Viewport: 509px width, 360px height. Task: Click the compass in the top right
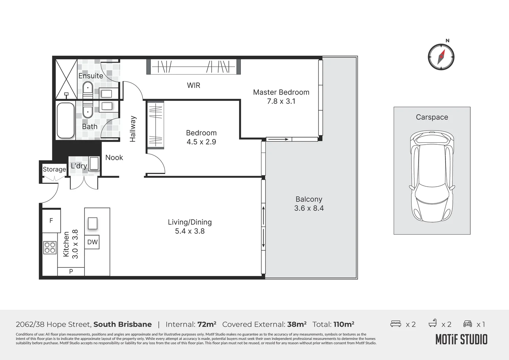pyautogui.click(x=441, y=57)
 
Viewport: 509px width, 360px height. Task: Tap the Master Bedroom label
pyautogui.click(x=281, y=92)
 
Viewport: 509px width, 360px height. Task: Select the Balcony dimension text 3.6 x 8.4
pyautogui.click(x=309, y=208)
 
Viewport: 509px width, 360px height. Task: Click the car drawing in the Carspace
pyautogui.click(x=432, y=177)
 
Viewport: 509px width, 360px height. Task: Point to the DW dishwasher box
pyautogui.click(x=92, y=242)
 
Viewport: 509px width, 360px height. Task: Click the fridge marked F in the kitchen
pyautogui.click(x=51, y=220)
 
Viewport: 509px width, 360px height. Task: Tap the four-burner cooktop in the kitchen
pyautogui.click(x=50, y=248)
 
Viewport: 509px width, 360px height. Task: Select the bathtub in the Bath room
pyautogui.click(x=65, y=120)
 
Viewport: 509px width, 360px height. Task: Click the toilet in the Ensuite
pyautogui.click(x=88, y=89)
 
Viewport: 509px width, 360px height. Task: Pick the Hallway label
pyautogui.click(x=133, y=129)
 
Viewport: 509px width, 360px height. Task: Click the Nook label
pyautogui.click(x=114, y=158)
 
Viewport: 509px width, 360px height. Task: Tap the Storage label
pyautogui.click(x=54, y=169)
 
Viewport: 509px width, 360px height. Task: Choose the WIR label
pyautogui.click(x=194, y=85)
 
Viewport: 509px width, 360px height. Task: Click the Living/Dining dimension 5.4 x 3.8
pyautogui.click(x=190, y=231)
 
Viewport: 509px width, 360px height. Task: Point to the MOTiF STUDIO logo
pyautogui.click(x=461, y=339)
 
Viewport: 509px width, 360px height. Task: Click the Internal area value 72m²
pyautogui.click(x=207, y=324)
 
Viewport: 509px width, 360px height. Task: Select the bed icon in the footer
pyautogui.click(x=396, y=324)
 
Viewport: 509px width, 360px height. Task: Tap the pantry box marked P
pyautogui.click(x=71, y=272)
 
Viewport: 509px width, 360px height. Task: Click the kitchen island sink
pyautogui.click(x=93, y=223)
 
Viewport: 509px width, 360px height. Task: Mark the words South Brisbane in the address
pyautogui.click(x=122, y=324)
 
